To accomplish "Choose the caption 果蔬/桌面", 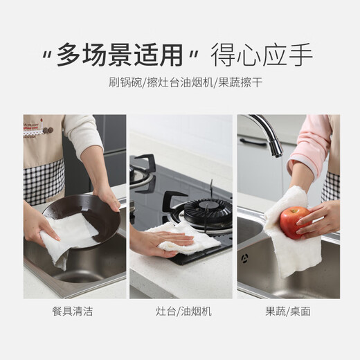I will [288, 312].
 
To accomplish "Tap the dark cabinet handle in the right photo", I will [253, 142].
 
